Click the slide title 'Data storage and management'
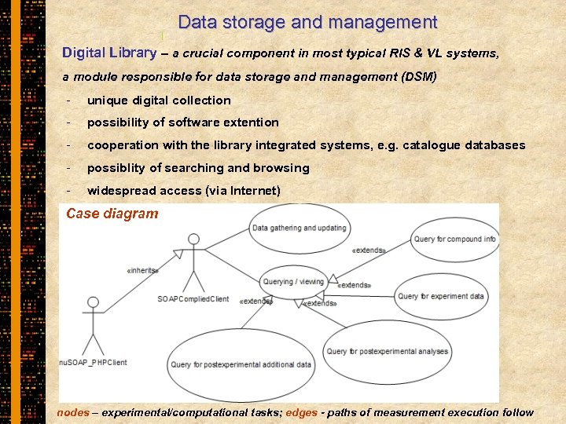[307, 23]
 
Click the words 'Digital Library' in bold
[109, 53]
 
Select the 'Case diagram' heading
[112, 214]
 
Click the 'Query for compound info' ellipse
[454, 239]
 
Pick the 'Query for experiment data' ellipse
[440, 296]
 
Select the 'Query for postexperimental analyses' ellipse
[387, 351]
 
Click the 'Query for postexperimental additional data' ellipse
[241, 364]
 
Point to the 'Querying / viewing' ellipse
[293, 282]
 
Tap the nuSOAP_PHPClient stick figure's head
[94, 303]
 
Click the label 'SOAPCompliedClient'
[193, 299]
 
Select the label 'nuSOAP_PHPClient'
[94, 362]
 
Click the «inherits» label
[142, 271]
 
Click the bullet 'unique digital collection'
[159, 101]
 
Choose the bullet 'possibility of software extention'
[182, 122]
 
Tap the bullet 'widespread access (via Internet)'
[183, 191]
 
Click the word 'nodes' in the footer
[73, 412]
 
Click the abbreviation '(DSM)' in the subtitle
[418, 77]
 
